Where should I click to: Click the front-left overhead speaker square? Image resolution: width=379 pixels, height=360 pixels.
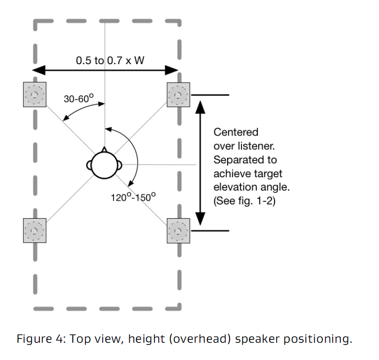tap(34, 94)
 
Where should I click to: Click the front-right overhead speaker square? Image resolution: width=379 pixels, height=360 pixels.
tap(178, 94)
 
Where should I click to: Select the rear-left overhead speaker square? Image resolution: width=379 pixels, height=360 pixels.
tap(34, 230)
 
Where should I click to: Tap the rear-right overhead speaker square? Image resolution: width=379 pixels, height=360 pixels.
tap(178, 230)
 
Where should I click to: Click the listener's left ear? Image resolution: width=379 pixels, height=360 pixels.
tap(89, 166)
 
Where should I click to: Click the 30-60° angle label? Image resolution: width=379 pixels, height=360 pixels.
tap(78, 99)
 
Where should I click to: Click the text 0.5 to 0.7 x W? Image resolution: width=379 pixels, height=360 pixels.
tap(106, 60)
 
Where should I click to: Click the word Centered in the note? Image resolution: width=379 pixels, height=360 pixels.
tap(236, 132)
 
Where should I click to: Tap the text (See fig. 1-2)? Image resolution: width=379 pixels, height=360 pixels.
tap(245, 201)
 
